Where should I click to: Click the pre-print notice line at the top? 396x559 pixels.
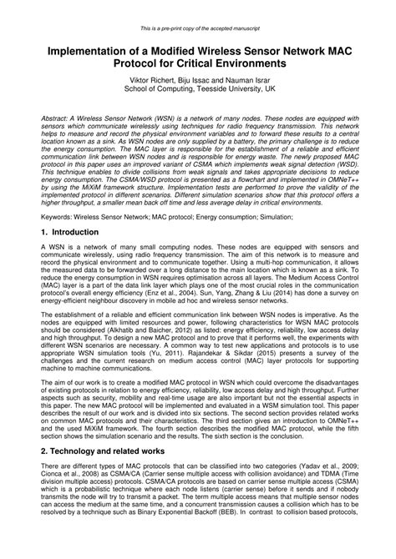point(198,8)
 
